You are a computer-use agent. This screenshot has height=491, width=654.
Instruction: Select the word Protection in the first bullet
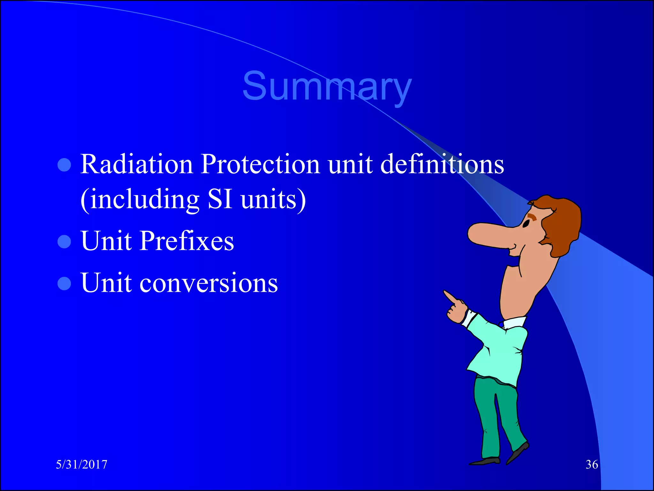point(260,164)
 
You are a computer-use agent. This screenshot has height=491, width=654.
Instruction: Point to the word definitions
point(442,164)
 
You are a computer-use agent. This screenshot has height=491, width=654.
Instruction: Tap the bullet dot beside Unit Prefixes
point(64,242)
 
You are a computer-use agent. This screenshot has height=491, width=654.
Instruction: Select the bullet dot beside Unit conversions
point(64,284)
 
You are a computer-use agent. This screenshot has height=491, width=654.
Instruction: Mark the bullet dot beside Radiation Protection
point(64,165)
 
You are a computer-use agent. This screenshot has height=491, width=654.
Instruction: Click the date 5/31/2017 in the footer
point(82,464)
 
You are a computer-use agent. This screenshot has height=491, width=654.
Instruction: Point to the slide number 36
point(592,464)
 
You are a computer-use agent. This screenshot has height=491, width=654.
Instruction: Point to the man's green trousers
point(495,416)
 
